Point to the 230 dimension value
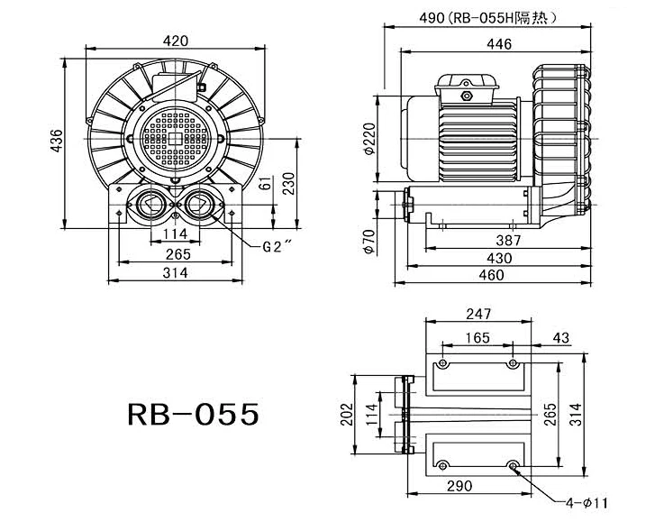[x=288, y=183]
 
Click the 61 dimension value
[x=264, y=184]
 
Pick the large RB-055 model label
[x=194, y=413]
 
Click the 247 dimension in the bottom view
[x=478, y=315]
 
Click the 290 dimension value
[x=459, y=487]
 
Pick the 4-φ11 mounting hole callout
[x=587, y=502]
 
